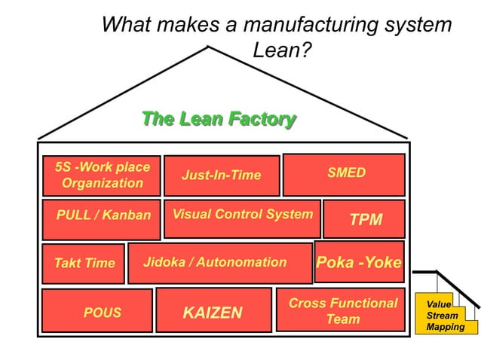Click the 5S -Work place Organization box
(102, 175)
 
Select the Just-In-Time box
(222, 175)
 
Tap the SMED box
(344, 174)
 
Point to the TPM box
(365, 219)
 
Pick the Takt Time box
(84, 264)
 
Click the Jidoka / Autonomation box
(219, 263)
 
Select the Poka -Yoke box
(359, 262)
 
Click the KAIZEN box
(213, 310)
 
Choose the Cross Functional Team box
(342, 310)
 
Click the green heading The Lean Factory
(219, 119)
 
